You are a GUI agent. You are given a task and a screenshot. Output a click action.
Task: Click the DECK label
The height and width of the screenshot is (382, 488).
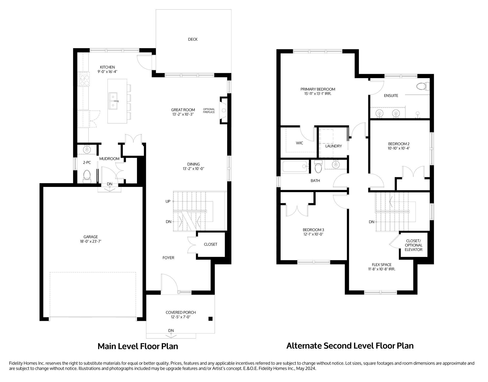point(193,39)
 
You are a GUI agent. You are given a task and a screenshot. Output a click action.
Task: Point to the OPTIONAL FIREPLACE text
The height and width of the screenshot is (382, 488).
point(209,111)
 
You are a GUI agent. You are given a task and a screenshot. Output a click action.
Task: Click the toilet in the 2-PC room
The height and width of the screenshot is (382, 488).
point(87,176)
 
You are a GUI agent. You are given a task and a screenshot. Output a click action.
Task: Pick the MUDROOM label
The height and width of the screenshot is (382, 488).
point(109,159)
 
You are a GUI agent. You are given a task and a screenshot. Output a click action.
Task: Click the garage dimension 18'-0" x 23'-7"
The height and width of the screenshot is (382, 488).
point(91,241)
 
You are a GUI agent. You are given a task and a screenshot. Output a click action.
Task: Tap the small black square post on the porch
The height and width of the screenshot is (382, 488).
point(210,319)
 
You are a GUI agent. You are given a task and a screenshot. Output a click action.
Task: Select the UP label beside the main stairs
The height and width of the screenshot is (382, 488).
point(168,201)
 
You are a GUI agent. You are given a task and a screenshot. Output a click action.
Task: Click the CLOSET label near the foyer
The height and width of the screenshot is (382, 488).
point(211,244)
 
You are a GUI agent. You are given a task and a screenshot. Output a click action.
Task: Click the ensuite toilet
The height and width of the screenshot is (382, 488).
point(423,86)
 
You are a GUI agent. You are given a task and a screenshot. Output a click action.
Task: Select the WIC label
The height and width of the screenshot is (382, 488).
point(300,143)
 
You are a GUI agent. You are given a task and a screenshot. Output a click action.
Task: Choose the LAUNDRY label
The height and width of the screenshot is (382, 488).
point(334,146)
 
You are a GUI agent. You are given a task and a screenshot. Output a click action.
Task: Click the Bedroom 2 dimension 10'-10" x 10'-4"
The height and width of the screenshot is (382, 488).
point(399,148)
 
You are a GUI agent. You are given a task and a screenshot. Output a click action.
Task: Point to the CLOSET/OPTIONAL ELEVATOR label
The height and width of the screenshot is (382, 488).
point(414,245)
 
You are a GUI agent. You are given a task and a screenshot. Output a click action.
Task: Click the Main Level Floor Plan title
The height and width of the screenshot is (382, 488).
point(138,346)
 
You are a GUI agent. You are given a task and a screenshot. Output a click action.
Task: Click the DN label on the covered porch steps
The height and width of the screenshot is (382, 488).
point(171,331)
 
